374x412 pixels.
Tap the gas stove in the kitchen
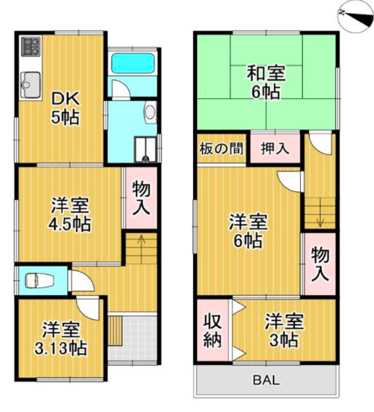[x=30, y=46]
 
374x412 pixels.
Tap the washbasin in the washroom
[x=149, y=112]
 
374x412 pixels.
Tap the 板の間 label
[x=221, y=149]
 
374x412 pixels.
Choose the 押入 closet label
[x=275, y=149]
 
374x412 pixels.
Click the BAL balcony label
[x=266, y=380]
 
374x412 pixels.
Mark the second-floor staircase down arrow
[x=320, y=222]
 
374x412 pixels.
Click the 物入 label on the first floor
[x=141, y=198]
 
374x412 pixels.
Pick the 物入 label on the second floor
[x=320, y=265]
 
